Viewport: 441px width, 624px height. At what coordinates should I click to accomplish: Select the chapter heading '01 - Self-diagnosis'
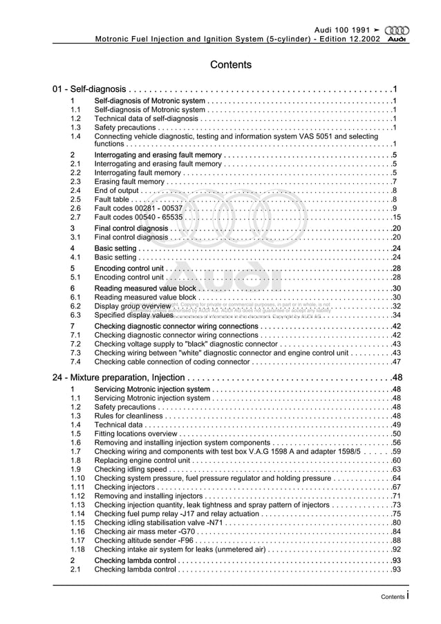(x=89, y=90)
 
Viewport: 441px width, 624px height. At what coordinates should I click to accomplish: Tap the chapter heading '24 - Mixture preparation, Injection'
(x=118, y=378)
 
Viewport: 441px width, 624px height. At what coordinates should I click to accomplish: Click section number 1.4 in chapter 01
(x=76, y=136)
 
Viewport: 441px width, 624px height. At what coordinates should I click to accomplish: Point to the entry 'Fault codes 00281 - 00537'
(x=138, y=208)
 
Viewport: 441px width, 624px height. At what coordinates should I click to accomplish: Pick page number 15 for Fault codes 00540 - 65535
(x=397, y=217)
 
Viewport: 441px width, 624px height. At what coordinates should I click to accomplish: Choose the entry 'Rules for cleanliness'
(x=129, y=416)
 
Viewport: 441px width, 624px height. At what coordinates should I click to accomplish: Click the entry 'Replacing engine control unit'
(x=142, y=461)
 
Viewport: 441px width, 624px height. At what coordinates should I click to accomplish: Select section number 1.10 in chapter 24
(x=77, y=479)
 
